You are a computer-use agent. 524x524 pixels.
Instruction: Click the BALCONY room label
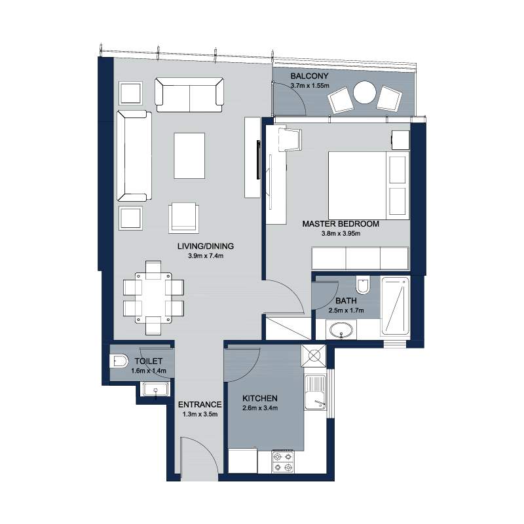point(309,76)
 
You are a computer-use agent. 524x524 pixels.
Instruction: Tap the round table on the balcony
point(365,92)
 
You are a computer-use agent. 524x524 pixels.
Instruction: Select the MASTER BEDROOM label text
point(341,224)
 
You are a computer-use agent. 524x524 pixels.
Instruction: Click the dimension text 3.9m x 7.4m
point(206,256)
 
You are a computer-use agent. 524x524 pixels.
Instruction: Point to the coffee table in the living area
point(189,155)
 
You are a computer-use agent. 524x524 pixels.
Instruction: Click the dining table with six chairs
point(153,298)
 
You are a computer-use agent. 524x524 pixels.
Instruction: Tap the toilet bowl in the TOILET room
point(119,362)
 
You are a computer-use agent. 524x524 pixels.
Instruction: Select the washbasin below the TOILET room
point(155,390)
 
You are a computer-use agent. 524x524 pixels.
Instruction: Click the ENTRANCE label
point(200,405)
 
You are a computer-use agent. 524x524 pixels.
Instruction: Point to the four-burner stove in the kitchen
point(283,462)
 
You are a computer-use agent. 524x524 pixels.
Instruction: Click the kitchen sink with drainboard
point(315,392)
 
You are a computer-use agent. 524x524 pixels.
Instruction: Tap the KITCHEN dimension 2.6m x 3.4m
point(260,408)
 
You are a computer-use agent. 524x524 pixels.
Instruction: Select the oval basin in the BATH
point(341,331)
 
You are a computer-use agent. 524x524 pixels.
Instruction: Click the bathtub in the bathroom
point(396,306)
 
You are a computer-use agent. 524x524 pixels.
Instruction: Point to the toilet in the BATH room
point(362,285)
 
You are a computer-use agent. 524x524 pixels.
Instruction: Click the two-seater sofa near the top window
point(189,95)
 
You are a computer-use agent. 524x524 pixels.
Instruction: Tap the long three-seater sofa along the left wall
point(134,156)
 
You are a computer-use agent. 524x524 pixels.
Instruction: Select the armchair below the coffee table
point(183,217)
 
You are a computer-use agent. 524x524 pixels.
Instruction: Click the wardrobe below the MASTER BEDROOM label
point(360,258)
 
